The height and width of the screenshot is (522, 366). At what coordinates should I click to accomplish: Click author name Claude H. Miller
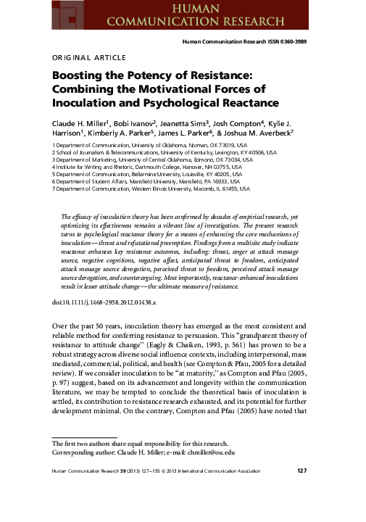[81, 123]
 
